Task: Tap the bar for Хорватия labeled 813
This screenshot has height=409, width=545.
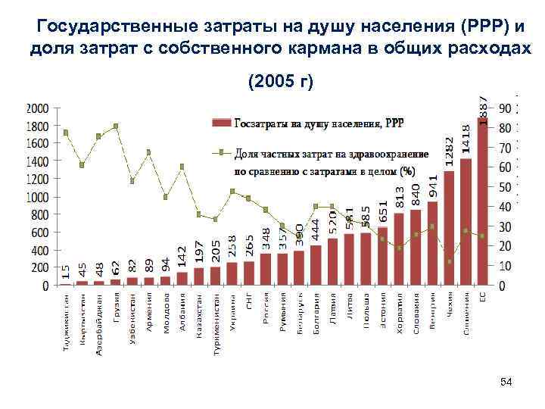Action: pos(399,249)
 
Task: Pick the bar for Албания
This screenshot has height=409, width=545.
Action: pos(182,279)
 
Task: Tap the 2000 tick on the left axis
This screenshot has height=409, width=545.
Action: pos(38,108)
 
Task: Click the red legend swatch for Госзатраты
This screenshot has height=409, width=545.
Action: pos(220,123)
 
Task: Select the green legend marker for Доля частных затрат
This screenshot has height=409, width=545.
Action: pos(220,152)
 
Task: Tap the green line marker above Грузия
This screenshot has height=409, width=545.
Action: pos(116,126)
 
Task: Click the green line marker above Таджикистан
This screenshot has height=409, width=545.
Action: pos(66,133)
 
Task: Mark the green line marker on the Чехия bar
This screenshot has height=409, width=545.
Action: pos(449,261)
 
